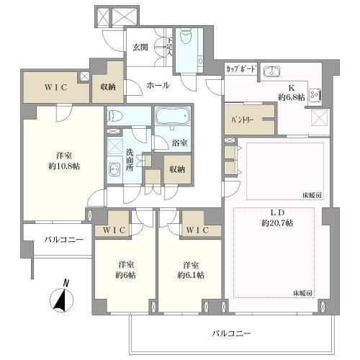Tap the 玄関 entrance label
coord(140,48)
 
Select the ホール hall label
coord(158,85)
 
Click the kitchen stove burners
coord(315,94)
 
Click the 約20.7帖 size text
coord(277,224)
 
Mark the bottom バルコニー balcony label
coord(232,333)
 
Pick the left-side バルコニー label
coord(63,239)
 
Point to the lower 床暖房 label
coord(302,292)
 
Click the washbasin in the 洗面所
coord(115,170)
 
